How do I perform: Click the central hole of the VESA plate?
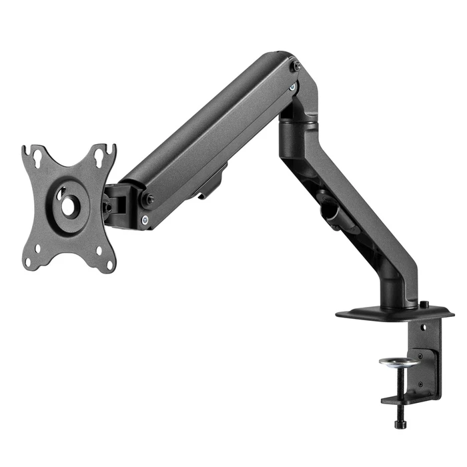pyautogui.click(x=68, y=205)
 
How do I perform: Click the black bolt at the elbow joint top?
pyautogui.click(x=296, y=67)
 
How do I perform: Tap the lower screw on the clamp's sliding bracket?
pyautogui.click(x=421, y=384)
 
